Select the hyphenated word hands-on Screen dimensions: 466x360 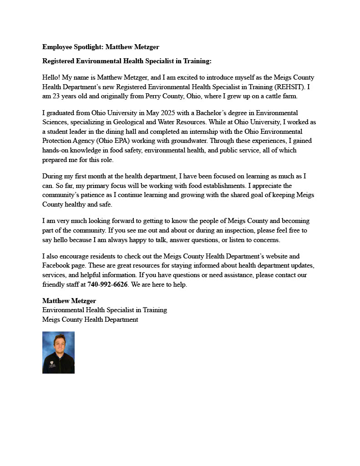56,150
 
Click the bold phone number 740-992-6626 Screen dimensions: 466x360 107,284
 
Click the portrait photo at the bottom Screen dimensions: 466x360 58,352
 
